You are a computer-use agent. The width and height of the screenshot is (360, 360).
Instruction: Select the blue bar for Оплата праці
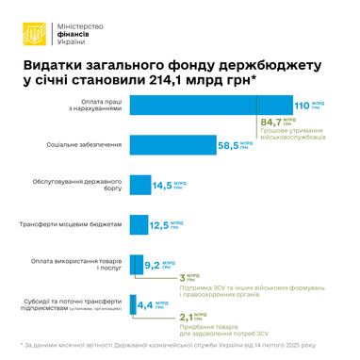[208, 106]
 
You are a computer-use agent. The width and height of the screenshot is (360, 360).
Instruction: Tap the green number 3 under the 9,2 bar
[182, 279]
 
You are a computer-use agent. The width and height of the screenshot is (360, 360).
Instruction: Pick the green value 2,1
[185, 319]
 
